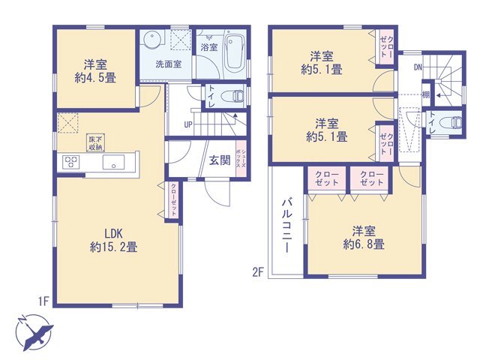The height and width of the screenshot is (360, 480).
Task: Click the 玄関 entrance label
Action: click(220, 160)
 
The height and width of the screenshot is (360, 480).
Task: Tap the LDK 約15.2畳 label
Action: click(113, 240)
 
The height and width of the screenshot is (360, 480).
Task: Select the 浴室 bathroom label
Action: click(209, 47)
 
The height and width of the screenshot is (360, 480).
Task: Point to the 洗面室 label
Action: click(168, 64)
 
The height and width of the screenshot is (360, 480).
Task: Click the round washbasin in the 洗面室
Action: click(152, 39)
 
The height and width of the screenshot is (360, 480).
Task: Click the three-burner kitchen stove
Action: click(71, 162)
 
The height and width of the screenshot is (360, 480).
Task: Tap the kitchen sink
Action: click(113, 162)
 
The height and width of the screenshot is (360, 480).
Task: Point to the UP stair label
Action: click(188, 125)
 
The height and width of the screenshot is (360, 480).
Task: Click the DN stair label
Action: click(418, 67)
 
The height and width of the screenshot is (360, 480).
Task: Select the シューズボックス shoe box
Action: click(241, 158)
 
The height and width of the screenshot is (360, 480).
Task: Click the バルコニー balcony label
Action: click(286, 226)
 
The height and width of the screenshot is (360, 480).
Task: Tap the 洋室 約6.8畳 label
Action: click(364, 238)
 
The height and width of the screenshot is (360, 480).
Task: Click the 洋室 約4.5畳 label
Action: click(95, 71)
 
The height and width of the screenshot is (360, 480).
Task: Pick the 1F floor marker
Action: click(43, 301)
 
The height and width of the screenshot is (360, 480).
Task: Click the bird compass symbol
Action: click(34, 332)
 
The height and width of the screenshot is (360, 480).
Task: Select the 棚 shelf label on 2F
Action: click(426, 95)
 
